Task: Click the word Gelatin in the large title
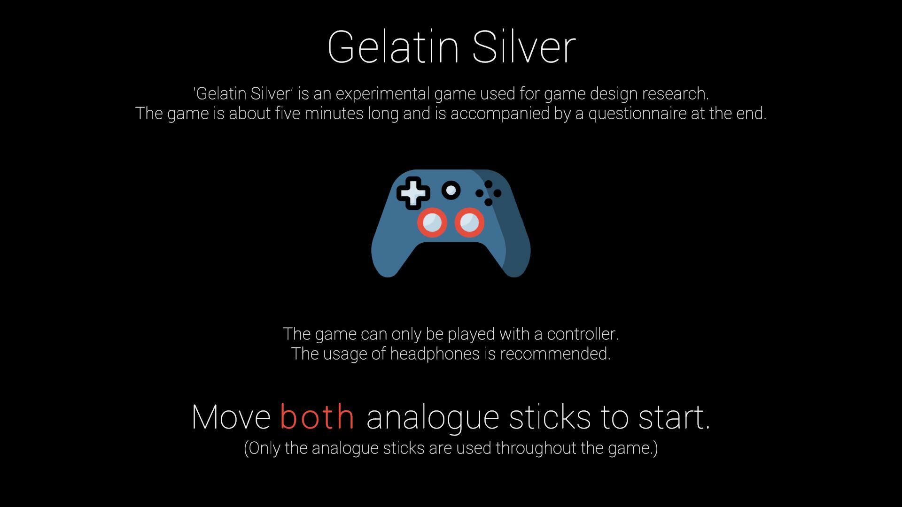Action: click(393, 46)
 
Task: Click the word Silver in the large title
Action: click(524, 46)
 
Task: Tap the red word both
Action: click(317, 416)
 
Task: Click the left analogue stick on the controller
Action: click(432, 222)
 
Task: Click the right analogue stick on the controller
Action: click(469, 222)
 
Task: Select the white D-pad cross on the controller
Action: click(413, 193)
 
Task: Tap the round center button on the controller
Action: click(451, 190)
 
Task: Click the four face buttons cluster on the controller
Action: click(489, 193)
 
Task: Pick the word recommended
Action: click(555, 354)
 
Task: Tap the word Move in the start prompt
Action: click(231, 417)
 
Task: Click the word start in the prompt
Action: click(674, 417)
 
